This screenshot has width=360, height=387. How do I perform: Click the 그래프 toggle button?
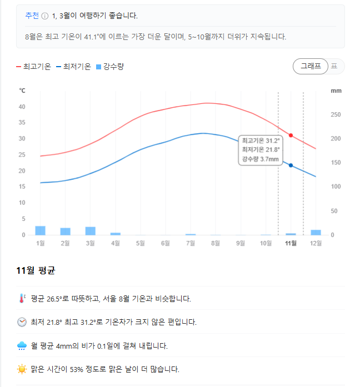[310, 66]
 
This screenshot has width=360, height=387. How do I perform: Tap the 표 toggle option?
[334, 66]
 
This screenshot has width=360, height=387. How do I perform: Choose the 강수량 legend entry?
[109, 67]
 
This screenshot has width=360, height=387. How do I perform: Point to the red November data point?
[291, 135]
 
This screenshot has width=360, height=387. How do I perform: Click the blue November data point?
[291, 165]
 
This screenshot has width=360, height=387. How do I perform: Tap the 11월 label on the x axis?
[291, 243]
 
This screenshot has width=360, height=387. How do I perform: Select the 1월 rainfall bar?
[41, 230]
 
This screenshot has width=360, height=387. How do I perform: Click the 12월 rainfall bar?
[316, 232]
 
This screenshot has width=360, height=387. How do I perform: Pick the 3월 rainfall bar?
[91, 231]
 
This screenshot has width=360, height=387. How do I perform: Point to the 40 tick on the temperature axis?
[22, 107]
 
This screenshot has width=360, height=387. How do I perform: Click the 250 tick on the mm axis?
[336, 115]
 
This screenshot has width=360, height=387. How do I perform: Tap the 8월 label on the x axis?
[216, 243]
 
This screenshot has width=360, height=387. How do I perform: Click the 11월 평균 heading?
[36, 271]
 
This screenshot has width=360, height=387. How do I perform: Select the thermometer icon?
[22, 298]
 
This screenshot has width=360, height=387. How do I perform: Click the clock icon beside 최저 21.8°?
[22, 322]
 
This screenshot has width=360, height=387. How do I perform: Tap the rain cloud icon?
[22, 346]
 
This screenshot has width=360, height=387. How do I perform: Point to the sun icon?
[22, 369]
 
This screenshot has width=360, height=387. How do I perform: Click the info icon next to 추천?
[44, 16]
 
